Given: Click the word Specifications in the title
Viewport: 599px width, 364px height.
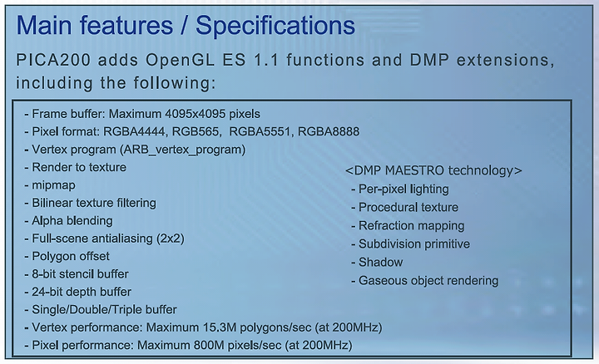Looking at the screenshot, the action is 275,26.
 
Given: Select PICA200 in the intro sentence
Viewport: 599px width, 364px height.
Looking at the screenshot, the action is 53,60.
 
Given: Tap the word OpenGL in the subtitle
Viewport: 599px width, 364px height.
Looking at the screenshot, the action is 181,60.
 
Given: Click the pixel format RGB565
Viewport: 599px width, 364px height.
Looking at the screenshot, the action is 196,131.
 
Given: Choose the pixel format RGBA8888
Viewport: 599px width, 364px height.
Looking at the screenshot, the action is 329,131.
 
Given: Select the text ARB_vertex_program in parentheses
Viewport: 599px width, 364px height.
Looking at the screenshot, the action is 182,150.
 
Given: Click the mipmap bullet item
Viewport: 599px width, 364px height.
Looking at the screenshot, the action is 53,185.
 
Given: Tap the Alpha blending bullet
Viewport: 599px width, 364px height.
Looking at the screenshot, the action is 72,221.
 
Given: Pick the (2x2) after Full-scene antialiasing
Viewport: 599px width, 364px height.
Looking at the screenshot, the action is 171,239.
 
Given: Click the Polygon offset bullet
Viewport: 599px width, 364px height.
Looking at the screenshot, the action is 71,256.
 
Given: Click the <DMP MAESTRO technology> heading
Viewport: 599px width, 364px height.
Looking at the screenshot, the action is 433,170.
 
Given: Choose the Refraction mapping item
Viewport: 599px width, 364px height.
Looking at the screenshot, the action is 412,225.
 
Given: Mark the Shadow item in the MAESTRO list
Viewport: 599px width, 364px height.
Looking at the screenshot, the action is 380,262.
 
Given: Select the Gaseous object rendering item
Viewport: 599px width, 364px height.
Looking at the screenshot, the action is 428,280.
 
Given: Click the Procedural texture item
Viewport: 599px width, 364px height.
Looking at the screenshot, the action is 408,207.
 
